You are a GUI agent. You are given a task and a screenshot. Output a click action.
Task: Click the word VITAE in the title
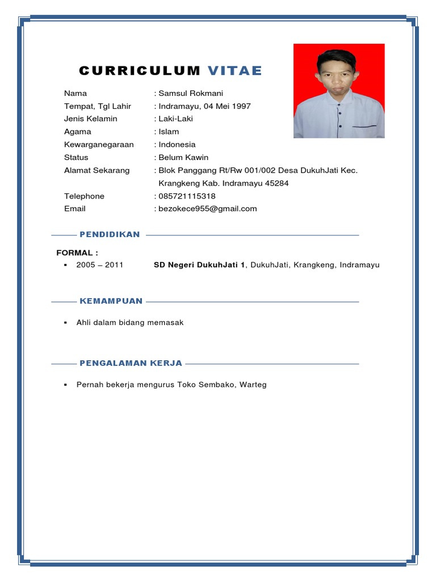(x=235, y=71)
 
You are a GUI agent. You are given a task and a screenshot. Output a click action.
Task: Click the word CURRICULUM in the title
(x=140, y=71)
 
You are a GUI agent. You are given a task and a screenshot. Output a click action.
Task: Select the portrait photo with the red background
(x=339, y=91)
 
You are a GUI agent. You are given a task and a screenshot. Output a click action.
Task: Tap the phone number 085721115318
(x=187, y=196)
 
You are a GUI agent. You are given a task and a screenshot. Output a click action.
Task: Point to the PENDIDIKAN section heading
(x=110, y=234)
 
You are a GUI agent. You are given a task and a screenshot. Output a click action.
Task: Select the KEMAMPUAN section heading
(x=111, y=301)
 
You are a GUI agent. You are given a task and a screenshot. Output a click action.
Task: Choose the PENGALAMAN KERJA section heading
(x=131, y=363)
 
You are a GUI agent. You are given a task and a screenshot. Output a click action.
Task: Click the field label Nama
(x=76, y=93)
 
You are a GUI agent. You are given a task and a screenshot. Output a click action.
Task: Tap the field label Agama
(x=78, y=132)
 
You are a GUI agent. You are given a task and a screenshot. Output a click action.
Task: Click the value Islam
(x=169, y=132)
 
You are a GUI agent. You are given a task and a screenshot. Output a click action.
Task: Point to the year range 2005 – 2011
(x=100, y=265)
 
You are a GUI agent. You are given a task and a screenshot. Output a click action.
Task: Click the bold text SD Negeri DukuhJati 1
(x=199, y=265)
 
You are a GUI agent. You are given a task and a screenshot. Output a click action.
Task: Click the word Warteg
(x=253, y=385)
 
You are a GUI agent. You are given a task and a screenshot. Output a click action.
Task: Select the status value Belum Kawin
(x=183, y=158)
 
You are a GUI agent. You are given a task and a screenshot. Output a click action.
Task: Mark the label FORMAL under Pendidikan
(x=77, y=252)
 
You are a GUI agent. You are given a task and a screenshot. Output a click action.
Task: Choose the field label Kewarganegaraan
(x=99, y=145)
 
